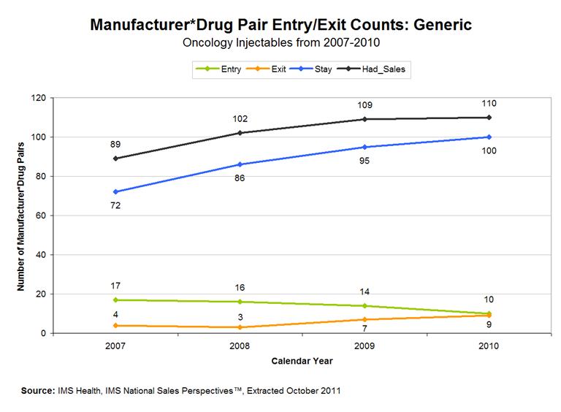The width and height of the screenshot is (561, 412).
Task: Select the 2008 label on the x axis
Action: click(x=239, y=346)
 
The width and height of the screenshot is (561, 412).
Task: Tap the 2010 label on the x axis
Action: click(x=489, y=346)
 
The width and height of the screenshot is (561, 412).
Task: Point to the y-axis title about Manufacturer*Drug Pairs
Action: click(x=21, y=215)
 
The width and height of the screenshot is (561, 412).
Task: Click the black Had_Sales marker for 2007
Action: click(x=115, y=159)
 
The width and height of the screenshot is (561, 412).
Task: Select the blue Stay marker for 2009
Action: click(x=364, y=147)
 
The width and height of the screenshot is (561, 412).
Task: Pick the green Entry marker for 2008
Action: click(x=239, y=302)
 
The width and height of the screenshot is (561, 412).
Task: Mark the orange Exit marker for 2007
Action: click(x=115, y=325)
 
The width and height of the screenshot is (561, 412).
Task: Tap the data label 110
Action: click(x=489, y=104)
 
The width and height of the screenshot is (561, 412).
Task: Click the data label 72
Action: click(x=115, y=205)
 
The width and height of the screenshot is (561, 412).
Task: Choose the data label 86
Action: click(x=239, y=178)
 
